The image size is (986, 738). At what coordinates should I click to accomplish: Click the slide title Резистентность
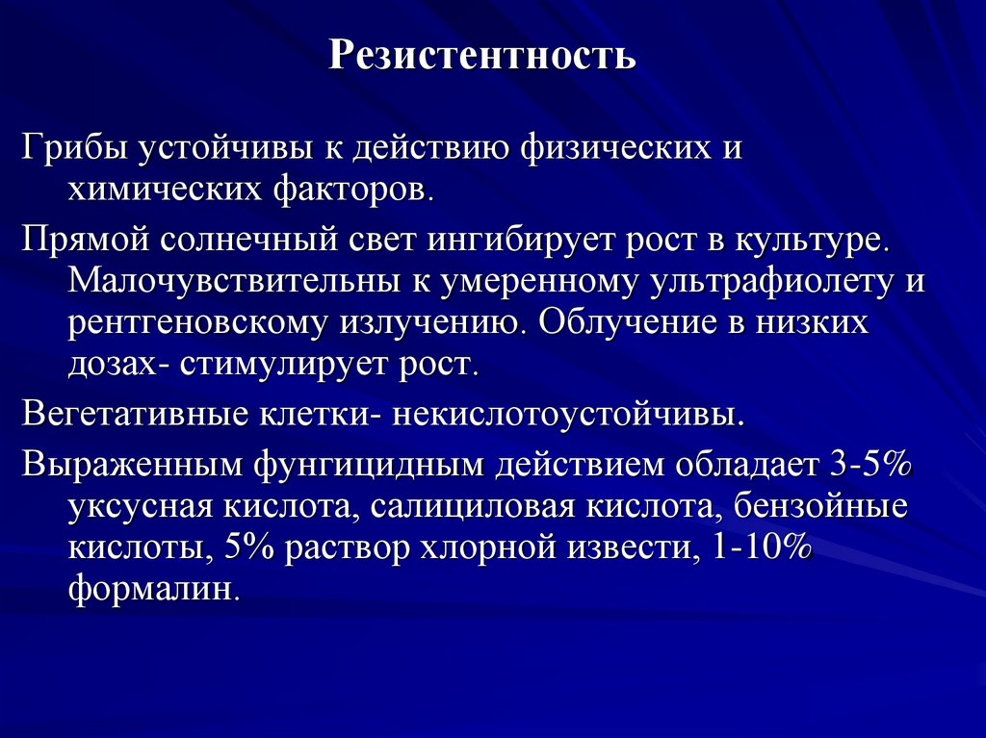tap(482, 55)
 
